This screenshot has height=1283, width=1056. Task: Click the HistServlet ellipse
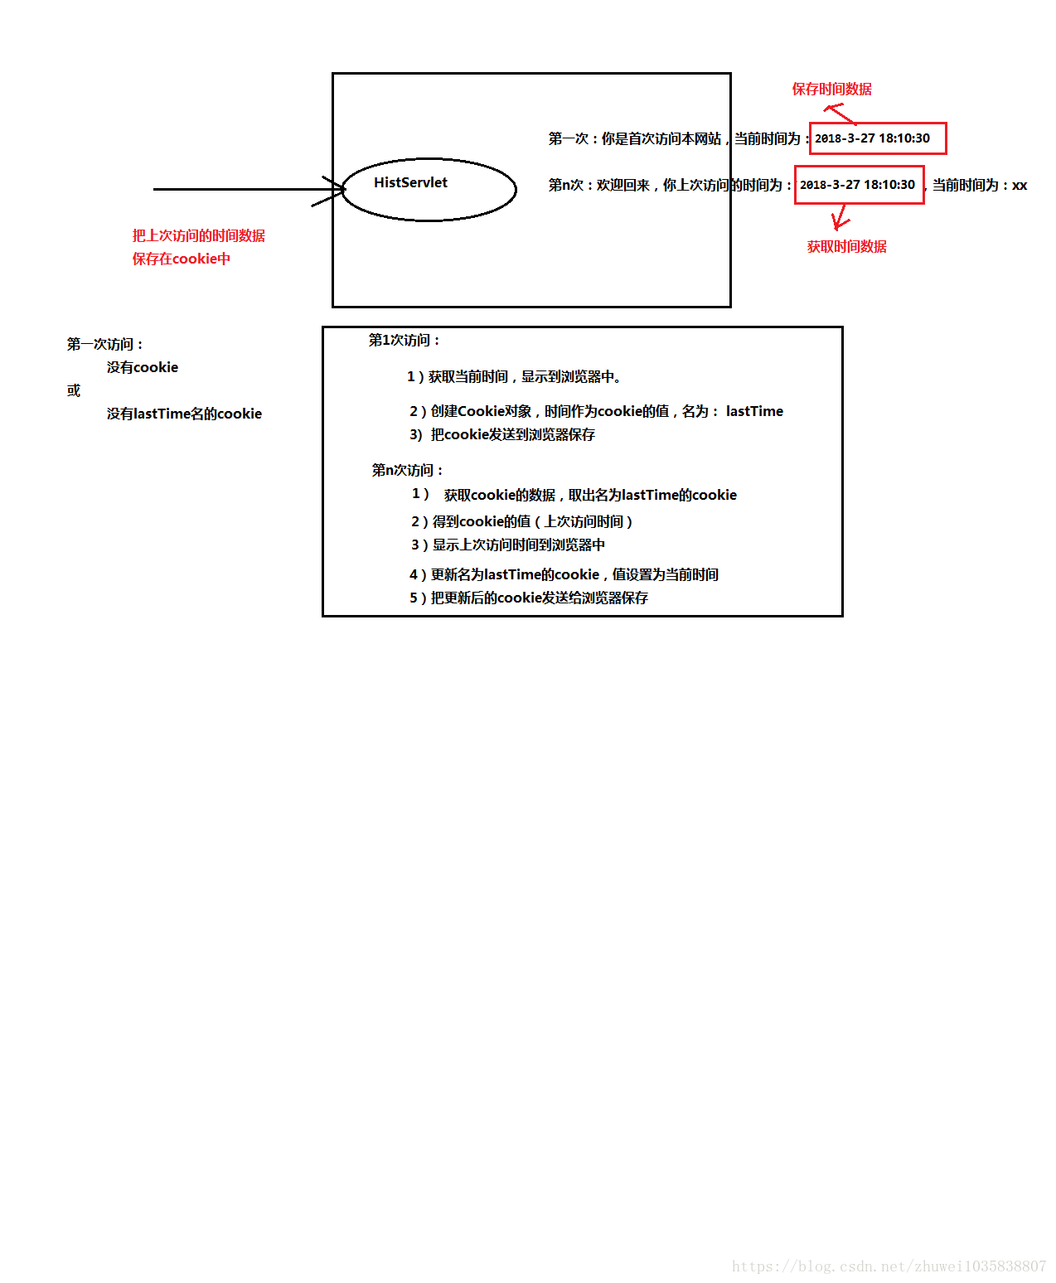click(x=429, y=190)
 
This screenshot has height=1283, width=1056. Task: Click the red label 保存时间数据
click(x=831, y=89)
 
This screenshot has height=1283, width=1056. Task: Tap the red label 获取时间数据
click(x=846, y=246)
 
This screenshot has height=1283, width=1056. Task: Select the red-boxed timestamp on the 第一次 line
click(x=877, y=138)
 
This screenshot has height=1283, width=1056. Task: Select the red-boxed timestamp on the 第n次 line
click(x=859, y=185)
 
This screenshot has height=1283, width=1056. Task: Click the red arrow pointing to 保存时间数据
click(x=839, y=113)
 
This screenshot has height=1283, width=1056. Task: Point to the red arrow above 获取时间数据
click(x=840, y=217)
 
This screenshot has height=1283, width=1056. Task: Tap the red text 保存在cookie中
click(x=181, y=259)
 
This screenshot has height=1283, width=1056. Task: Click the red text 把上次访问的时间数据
click(x=198, y=235)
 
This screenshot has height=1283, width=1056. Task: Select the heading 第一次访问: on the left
click(x=104, y=344)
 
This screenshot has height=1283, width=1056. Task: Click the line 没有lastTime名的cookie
click(x=184, y=414)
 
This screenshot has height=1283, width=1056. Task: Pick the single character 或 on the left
click(x=74, y=390)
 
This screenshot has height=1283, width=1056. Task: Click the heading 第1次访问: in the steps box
click(x=404, y=340)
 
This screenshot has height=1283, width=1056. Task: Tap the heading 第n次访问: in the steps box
click(x=407, y=470)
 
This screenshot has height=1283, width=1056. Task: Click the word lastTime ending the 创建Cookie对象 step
click(x=754, y=411)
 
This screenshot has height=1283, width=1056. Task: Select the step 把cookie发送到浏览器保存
click(x=512, y=434)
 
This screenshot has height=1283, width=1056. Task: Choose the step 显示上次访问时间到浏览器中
click(x=518, y=545)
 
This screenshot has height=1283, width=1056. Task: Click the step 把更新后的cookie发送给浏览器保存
click(x=539, y=598)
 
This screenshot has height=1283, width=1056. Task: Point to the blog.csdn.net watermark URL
click(x=889, y=1266)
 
